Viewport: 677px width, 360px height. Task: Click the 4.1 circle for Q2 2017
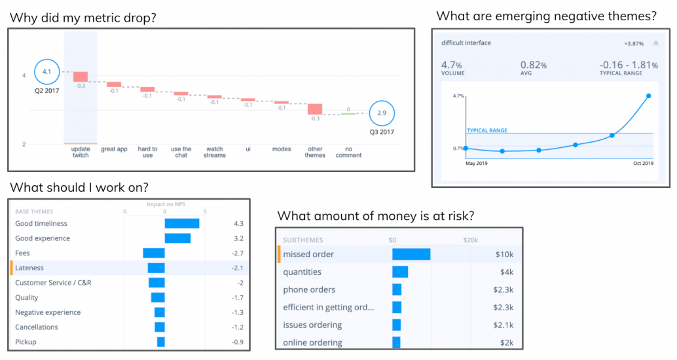click(46, 71)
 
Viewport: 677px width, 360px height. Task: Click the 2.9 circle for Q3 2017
click(381, 113)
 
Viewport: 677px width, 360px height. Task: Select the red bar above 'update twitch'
click(80, 77)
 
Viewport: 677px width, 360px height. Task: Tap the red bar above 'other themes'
click(315, 109)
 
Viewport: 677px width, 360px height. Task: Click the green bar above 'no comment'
click(348, 114)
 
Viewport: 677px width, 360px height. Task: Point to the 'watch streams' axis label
click(215, 152)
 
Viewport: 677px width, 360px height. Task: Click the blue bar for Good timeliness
click(182, 224)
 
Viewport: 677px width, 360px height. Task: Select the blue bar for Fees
click(154, 253)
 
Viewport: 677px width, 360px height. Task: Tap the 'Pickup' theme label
click(26, 342)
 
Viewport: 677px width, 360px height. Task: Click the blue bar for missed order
click(411, 254)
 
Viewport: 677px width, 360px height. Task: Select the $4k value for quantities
click(506, 272)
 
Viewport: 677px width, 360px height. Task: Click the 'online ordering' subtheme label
click(312, 343)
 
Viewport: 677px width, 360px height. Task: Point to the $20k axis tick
click(472, 240)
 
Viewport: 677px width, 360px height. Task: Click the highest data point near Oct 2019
click(648, 96)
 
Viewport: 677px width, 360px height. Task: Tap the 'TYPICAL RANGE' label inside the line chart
click(487, 130)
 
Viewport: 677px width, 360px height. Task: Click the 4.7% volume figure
click(452, 65)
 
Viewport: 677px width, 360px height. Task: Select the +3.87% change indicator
click(634, 44)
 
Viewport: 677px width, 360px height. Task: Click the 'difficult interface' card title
click(466, 43)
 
